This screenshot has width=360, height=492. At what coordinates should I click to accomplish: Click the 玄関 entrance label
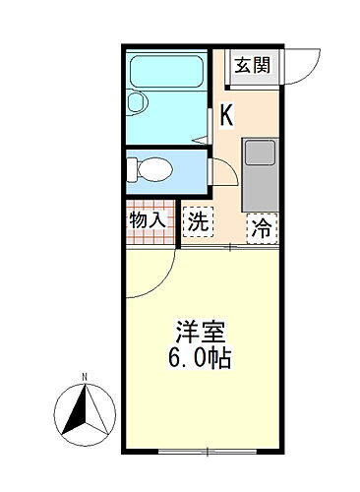252,66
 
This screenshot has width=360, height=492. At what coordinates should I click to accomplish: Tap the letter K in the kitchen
226,114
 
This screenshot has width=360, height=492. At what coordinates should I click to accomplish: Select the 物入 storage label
148,220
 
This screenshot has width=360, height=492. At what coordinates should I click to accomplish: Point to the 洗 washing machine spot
198,221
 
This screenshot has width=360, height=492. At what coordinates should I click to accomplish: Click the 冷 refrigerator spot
261,227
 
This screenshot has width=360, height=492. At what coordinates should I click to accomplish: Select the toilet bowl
155,168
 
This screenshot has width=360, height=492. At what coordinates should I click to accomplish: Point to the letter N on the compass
86,376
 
